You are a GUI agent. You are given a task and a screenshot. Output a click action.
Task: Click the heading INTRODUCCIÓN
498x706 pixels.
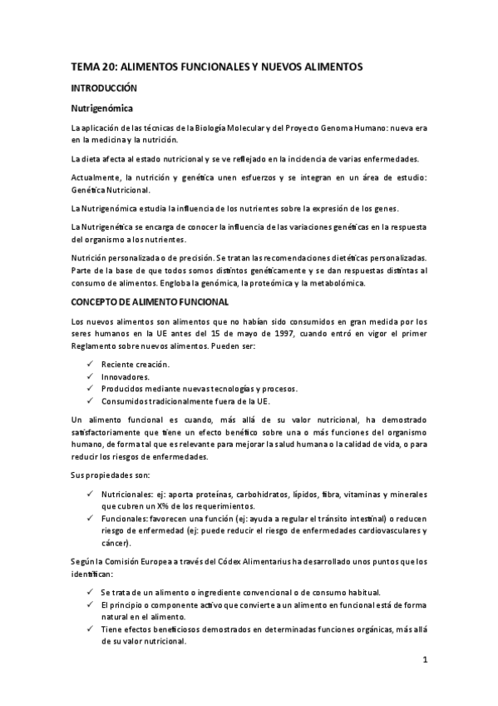point(104,87)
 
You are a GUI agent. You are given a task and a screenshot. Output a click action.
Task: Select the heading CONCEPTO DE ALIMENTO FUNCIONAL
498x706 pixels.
point(145,301)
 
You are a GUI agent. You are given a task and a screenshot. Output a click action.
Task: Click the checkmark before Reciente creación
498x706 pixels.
point(91,365)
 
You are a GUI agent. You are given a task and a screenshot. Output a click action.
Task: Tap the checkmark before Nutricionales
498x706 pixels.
point(91,495)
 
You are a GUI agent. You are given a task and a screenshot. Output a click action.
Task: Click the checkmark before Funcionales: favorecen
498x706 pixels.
point(91,518)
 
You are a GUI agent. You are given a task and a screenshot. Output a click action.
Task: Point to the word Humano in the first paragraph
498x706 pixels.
point(359,127)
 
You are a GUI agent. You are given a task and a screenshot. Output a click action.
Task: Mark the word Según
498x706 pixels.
point(85,561)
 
